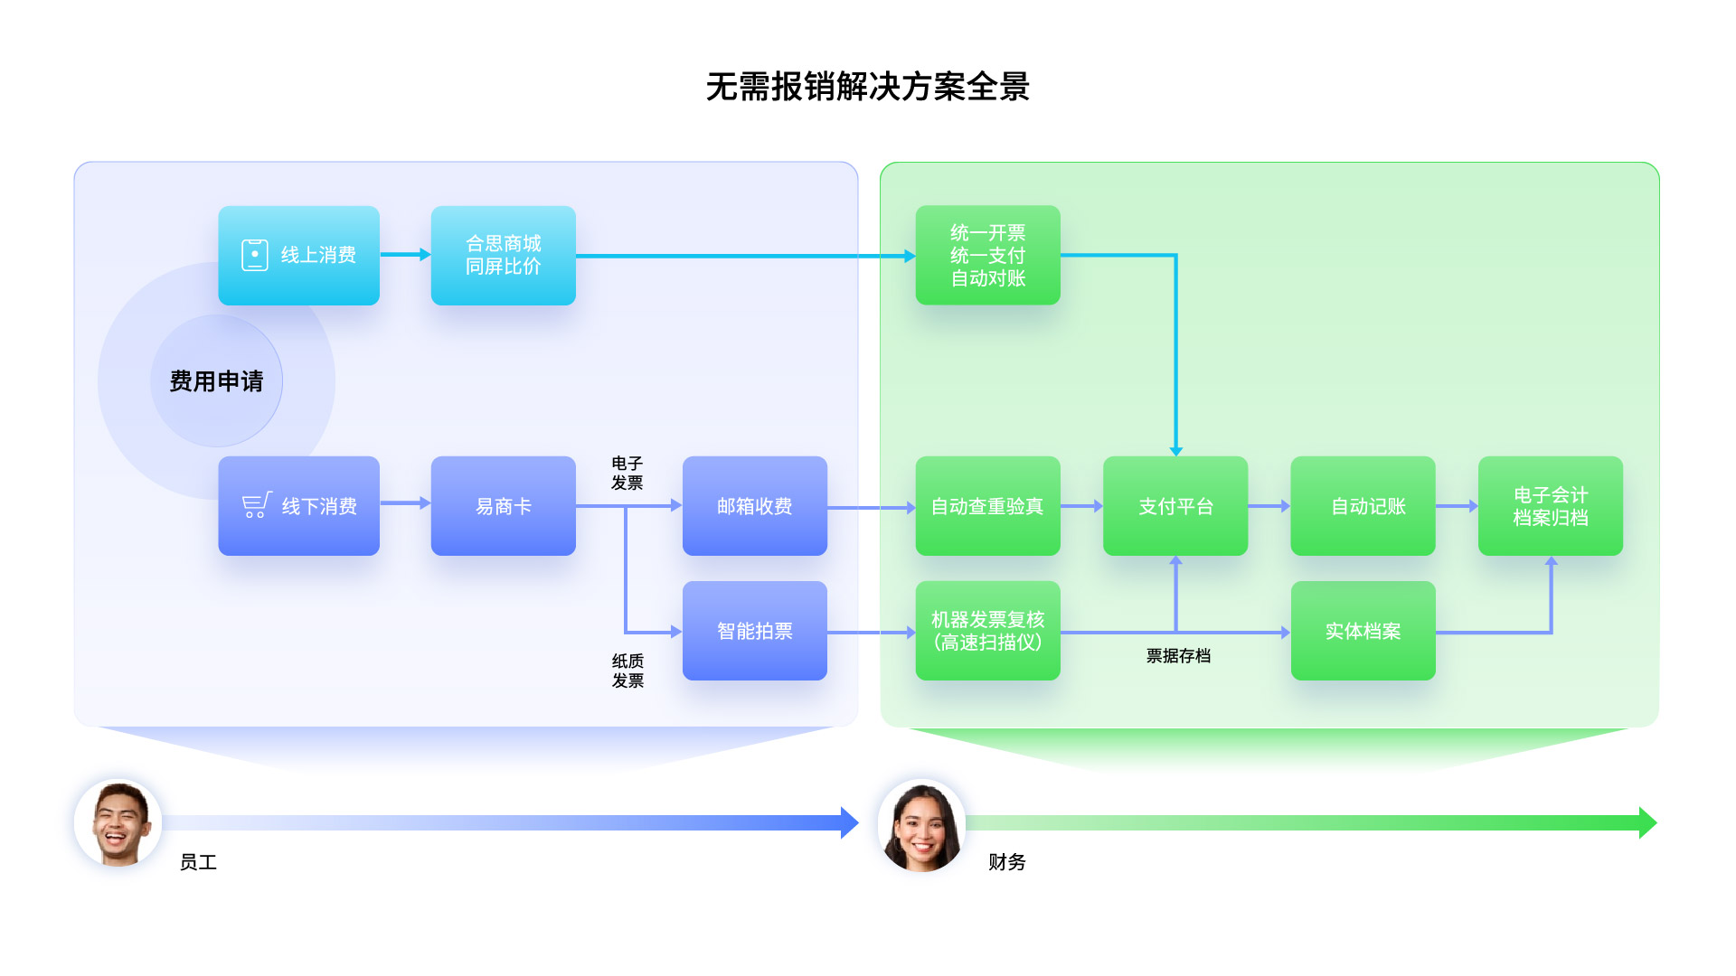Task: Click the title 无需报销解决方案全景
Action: click(867, 87)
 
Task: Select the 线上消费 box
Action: click(298, 255)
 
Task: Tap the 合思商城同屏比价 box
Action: click(503, 255)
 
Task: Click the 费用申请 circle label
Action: click(216, 381)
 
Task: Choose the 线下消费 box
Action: click(298, 506)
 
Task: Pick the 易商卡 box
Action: click(503, 506)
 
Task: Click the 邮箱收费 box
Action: click(754, 506)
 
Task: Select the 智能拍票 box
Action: click(754, 631)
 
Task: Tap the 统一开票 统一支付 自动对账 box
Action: click(987, 255)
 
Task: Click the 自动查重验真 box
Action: click(987, 506)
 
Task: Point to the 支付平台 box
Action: click(1175, 506)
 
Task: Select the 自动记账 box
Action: click(1363, 506)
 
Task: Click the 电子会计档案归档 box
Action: click(1550, 506)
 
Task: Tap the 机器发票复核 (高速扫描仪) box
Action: click(987, 631)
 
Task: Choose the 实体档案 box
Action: click(1363, 631)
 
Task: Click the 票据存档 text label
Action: click(1178, 656)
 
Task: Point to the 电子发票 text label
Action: click(627, 473)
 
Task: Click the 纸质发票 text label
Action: click(627, 671)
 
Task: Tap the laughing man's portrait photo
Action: click(118, 823)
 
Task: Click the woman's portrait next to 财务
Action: click(921, 825)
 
